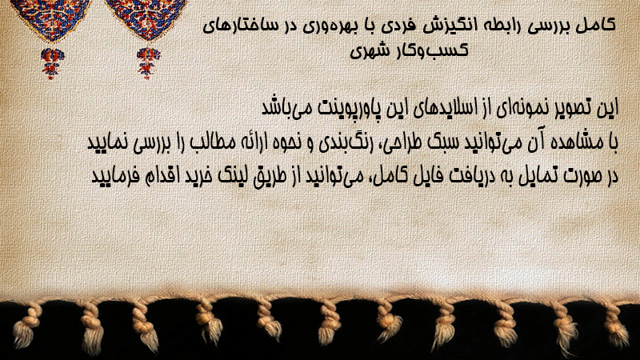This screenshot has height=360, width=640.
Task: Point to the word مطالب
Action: click(207, 143)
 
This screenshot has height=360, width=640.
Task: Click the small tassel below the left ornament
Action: click(52, 62)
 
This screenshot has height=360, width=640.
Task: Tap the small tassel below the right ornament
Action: click(148, 62)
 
